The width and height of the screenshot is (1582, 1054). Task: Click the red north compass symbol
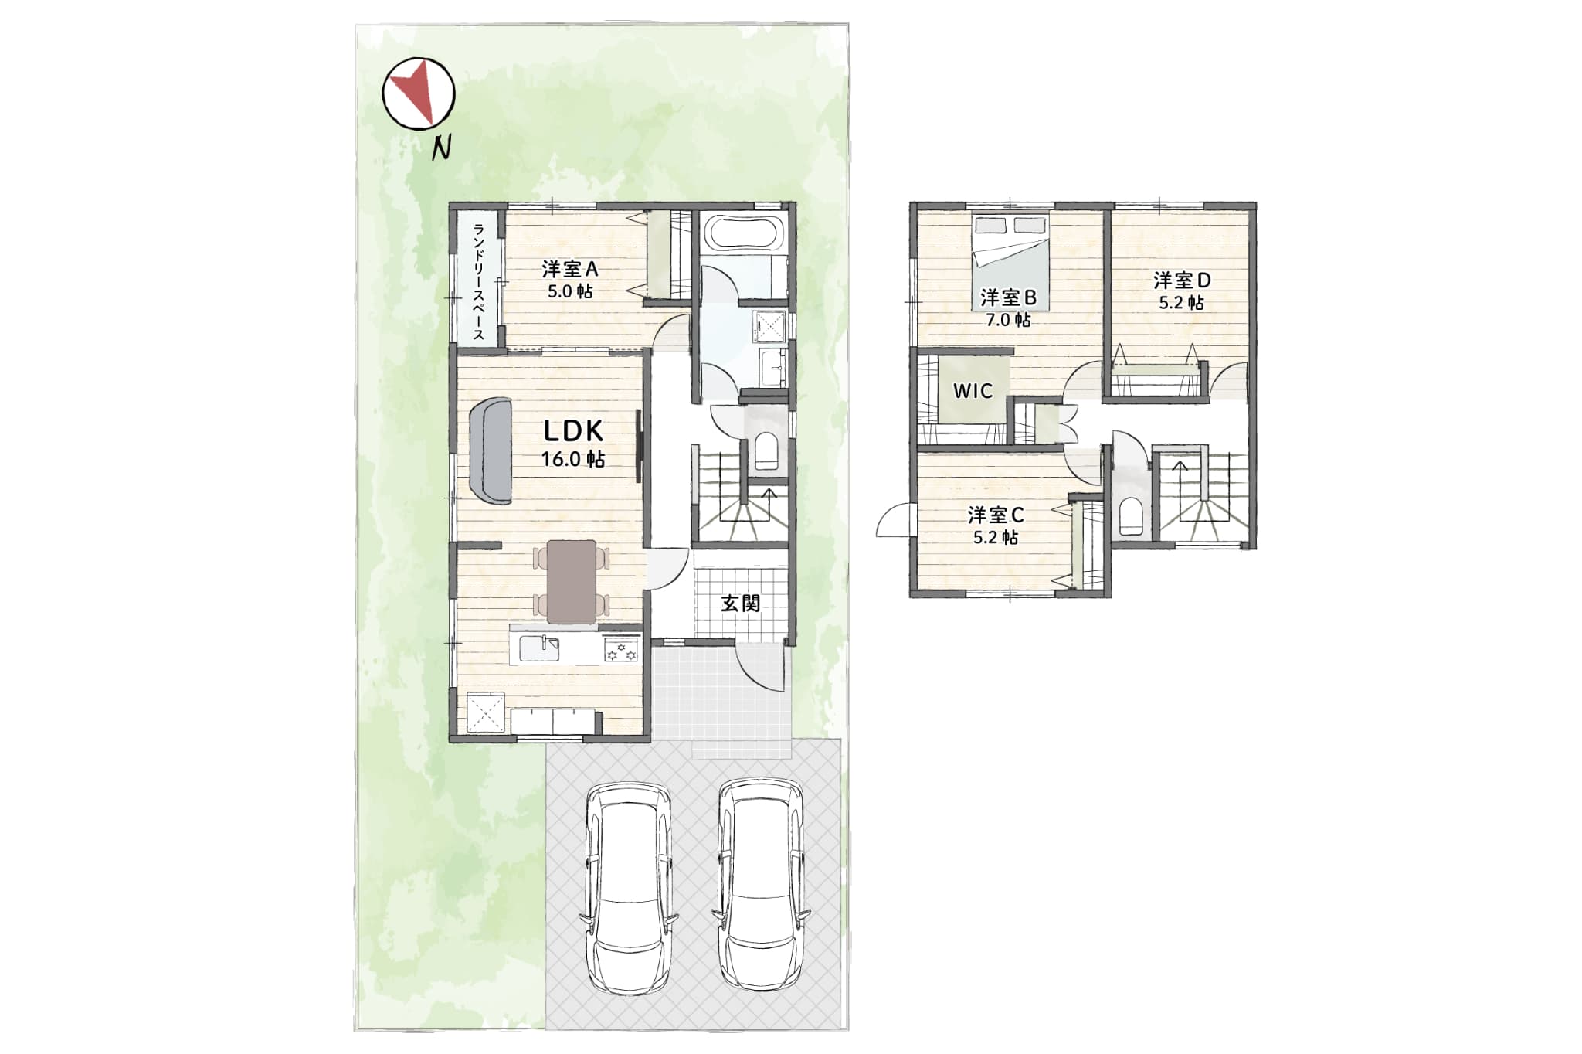[419, 93]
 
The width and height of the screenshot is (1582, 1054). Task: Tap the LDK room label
[572, 430]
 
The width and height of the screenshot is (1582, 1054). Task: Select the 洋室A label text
[570, 269]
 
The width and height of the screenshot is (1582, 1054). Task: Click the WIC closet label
[973, 391]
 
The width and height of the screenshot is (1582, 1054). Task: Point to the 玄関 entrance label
[740, 603]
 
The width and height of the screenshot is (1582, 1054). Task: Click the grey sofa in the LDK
[490, 450]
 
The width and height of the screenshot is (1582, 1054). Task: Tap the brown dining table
[572, 581]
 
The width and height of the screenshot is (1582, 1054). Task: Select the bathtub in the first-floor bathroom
[744, 233]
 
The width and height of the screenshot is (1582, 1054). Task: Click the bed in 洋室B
[1010, 263]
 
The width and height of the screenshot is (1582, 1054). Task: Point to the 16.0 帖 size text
[572, 459]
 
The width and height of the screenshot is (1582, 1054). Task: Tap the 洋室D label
[1182, 280]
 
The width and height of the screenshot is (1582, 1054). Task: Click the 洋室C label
[996, 515]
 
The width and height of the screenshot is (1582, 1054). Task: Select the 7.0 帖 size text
[1007, 319]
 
